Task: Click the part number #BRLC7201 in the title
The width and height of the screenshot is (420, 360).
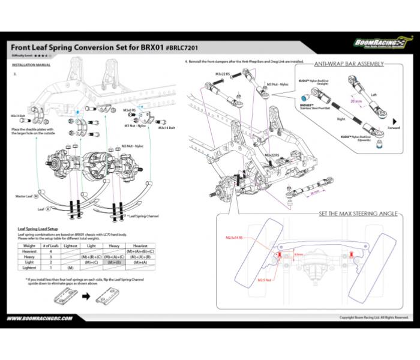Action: click(x=183, y=47)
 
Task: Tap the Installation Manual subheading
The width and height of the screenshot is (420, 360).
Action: click(x=31, y=64)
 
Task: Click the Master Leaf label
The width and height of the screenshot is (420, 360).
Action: click(x=26, y=196)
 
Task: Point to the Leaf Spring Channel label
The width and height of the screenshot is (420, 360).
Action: click(x=143, y=215)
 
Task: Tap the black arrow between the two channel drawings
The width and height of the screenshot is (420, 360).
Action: click(x=85, y=296)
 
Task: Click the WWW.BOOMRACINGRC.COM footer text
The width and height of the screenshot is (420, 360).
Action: click(x=41, y=318)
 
